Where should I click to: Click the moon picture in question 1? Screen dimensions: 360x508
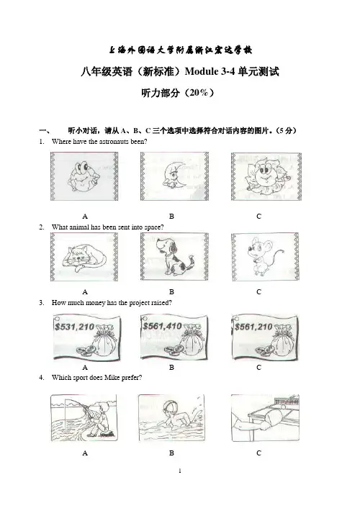pos(174,176)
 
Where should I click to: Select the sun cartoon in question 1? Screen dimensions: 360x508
pos(266,176)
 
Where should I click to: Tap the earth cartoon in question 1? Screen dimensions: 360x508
pos(84,176)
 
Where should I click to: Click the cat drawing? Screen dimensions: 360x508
pos(84,257)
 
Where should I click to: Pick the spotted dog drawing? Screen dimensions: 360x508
pos(174,257)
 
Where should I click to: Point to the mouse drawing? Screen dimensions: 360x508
pos(265,257)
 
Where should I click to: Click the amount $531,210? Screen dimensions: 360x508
pos(74,327)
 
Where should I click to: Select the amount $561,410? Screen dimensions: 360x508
pos(163,326)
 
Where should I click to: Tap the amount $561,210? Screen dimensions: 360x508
pos(253,327)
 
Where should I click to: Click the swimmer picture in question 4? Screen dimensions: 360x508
pos(171,417)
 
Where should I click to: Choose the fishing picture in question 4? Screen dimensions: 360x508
pos(84,417)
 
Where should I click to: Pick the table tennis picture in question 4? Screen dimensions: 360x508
pos(265,417)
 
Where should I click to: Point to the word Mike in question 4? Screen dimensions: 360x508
pos(112,378)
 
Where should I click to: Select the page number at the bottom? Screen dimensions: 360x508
pos(180,471)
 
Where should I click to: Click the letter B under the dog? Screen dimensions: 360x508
pos(171,292)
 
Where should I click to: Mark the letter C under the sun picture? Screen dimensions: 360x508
pos(258,216)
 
